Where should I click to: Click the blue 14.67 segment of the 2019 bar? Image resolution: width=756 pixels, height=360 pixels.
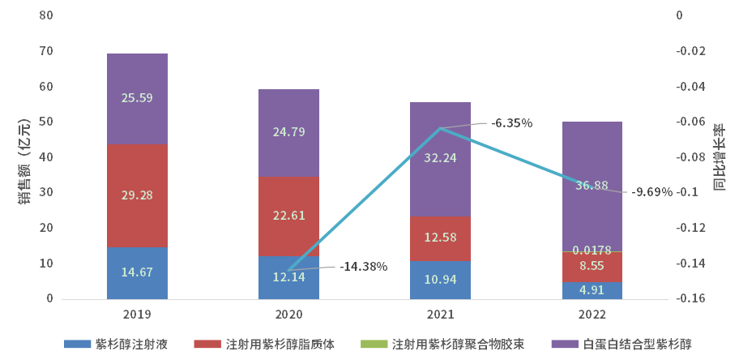(x=137, y=273)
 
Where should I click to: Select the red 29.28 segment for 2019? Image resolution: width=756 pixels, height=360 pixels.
(x=137, y=195)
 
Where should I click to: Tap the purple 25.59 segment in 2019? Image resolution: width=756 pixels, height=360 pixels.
(x=137, y=98)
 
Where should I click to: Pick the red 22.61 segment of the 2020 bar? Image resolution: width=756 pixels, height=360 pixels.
(x=288, y=216)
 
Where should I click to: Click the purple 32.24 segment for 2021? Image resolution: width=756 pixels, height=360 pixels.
(x=440, y=159)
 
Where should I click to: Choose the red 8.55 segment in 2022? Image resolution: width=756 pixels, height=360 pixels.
(x=592, y=267)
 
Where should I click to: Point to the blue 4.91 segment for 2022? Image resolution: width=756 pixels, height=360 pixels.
(x=592, y=290)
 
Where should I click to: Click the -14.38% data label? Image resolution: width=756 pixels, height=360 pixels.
(x=364, y=266)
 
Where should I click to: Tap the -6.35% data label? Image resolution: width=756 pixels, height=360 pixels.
(x=511, y=123)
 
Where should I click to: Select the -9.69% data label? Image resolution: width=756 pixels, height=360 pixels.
(x=652, y=192)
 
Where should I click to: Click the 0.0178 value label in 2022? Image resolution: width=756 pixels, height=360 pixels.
(x=592, y=251)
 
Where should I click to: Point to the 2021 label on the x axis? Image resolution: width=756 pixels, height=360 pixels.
(x=440, y=314)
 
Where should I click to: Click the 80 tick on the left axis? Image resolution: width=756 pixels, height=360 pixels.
(x=45, y=15)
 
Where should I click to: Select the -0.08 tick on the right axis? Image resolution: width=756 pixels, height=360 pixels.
(x=690, y=157)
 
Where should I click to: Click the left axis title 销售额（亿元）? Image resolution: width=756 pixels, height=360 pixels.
(x=24, y=157)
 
